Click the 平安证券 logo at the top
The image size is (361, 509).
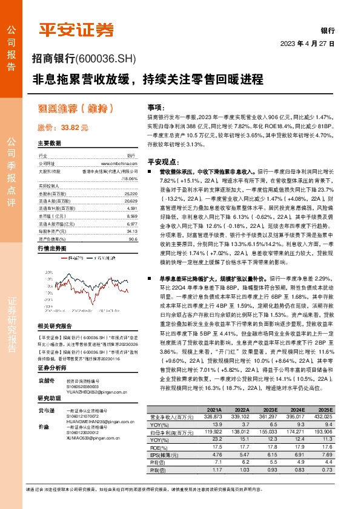(x=76, y=28)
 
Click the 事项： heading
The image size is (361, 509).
(x=156, y=106)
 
